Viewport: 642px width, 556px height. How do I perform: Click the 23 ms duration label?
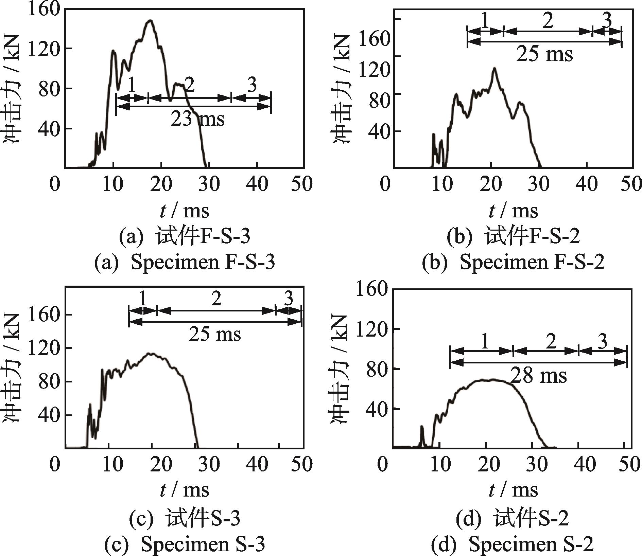pos(197,119)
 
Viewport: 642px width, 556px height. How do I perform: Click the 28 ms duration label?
pos(539,376)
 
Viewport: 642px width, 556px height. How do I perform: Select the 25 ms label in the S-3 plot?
pos(215,334)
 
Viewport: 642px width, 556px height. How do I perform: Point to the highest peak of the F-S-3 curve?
pos(150,21)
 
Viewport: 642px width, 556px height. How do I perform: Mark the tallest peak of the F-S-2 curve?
pos(494,68)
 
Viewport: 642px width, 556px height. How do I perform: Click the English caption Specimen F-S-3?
pos(184,262)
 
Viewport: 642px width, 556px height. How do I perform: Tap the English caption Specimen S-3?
pos(185,544)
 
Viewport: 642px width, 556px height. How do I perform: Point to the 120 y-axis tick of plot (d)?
pos(371,329)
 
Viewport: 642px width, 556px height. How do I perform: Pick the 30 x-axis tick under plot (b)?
pos(539,184)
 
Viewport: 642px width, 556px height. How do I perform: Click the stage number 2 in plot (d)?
pos(551,341)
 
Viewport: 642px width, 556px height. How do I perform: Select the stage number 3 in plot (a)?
pos(252,86)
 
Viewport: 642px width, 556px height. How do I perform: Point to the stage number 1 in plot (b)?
pos(485,21)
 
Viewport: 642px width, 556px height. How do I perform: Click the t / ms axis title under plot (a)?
pos(185,211)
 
